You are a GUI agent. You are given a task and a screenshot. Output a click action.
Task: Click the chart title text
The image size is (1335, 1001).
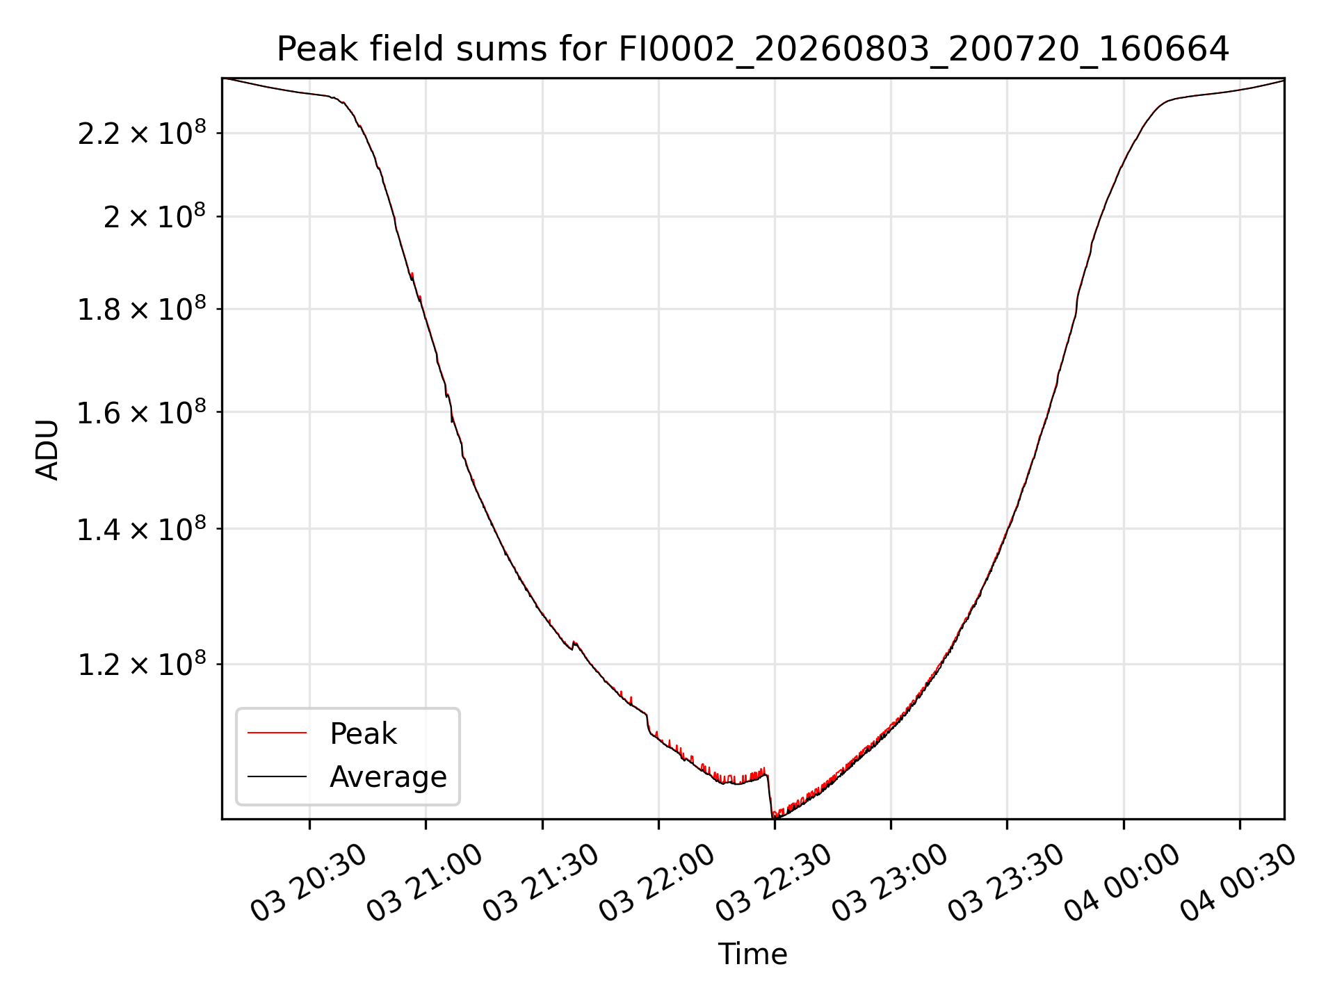click(753, 49)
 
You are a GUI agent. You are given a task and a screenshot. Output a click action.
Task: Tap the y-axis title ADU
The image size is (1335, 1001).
click(47, 449)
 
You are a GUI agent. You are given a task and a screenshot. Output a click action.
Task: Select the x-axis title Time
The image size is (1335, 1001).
click(752, 954)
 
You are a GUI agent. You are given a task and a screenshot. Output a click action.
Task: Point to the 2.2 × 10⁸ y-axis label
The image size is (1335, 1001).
click(142, 132)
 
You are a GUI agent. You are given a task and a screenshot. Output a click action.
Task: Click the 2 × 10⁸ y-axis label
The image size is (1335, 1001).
click(155, 215)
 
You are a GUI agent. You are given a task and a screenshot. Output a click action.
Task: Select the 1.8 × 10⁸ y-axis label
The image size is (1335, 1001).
click(142, 309)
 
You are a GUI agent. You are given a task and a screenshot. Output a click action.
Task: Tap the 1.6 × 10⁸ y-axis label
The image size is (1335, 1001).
click(142, 412)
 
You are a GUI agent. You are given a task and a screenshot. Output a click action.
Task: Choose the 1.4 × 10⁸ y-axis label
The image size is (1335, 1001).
click(142, 528)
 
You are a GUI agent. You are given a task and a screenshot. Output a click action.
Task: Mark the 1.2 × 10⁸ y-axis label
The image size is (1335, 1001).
click(142, 664)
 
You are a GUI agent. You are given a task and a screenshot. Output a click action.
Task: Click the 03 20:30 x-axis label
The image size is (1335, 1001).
click(308, 883)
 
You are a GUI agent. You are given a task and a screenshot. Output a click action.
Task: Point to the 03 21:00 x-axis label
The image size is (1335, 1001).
click(424, 883)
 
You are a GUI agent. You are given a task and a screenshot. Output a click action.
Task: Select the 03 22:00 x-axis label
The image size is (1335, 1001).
click(657, 883)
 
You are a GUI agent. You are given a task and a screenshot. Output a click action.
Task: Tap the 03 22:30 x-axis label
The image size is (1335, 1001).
click(773, 883)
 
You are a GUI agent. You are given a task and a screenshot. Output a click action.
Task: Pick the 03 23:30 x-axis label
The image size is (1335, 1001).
click(1006, 883)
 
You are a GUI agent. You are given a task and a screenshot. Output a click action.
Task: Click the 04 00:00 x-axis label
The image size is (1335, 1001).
click(1122, 883)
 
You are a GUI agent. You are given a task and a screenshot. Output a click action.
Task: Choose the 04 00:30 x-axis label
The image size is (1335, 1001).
click(1238, 883)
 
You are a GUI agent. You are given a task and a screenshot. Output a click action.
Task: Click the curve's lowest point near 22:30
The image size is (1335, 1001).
click(774, 817)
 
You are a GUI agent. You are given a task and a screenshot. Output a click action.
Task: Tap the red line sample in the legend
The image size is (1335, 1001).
click(277, 733)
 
